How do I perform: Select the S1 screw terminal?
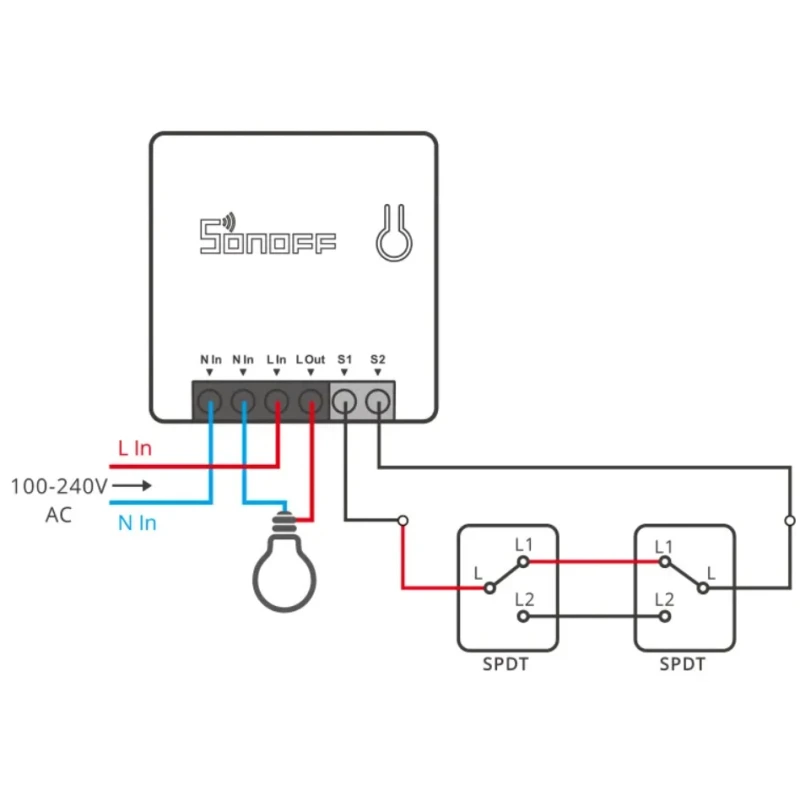click(344, 402)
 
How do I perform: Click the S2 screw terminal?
click(377, 402)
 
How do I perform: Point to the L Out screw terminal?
click(311, 402)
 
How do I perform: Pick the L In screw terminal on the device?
click(277, 402)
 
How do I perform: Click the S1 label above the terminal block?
click(344, 359)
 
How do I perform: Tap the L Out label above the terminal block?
click(311, 359)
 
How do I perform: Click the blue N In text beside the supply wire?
click(137, 523)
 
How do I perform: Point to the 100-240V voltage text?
click(59, 486)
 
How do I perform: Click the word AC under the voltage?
click(58, 515)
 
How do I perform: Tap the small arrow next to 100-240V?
click(132, 486)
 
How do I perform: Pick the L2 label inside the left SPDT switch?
click(523, 600)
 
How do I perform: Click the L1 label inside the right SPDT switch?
click(663, 546)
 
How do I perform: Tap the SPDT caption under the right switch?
click(683, 664)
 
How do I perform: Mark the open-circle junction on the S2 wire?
click(789, 520)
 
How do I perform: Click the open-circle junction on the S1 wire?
click(402, 520)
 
